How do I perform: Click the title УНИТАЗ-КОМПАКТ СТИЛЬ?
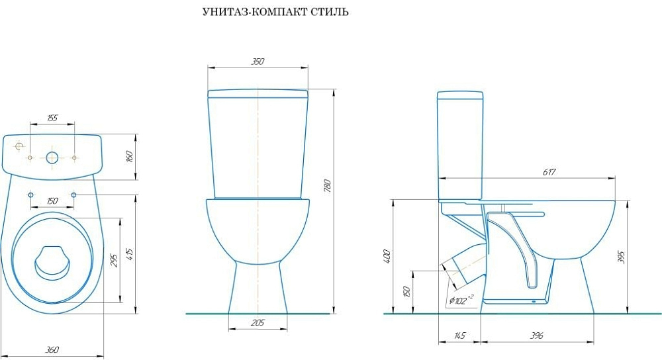point(275,12)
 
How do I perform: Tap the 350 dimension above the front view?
point(258,61)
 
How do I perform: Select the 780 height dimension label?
point(328,186)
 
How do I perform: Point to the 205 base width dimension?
point(258,323)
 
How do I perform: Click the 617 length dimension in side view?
point(549,172)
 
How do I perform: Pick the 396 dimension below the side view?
point(537,336)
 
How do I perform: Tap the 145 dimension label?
point(459,336)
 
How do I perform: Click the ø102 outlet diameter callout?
point(461,300)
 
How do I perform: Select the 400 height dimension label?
point(387,256)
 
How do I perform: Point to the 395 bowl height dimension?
point(621,257)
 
